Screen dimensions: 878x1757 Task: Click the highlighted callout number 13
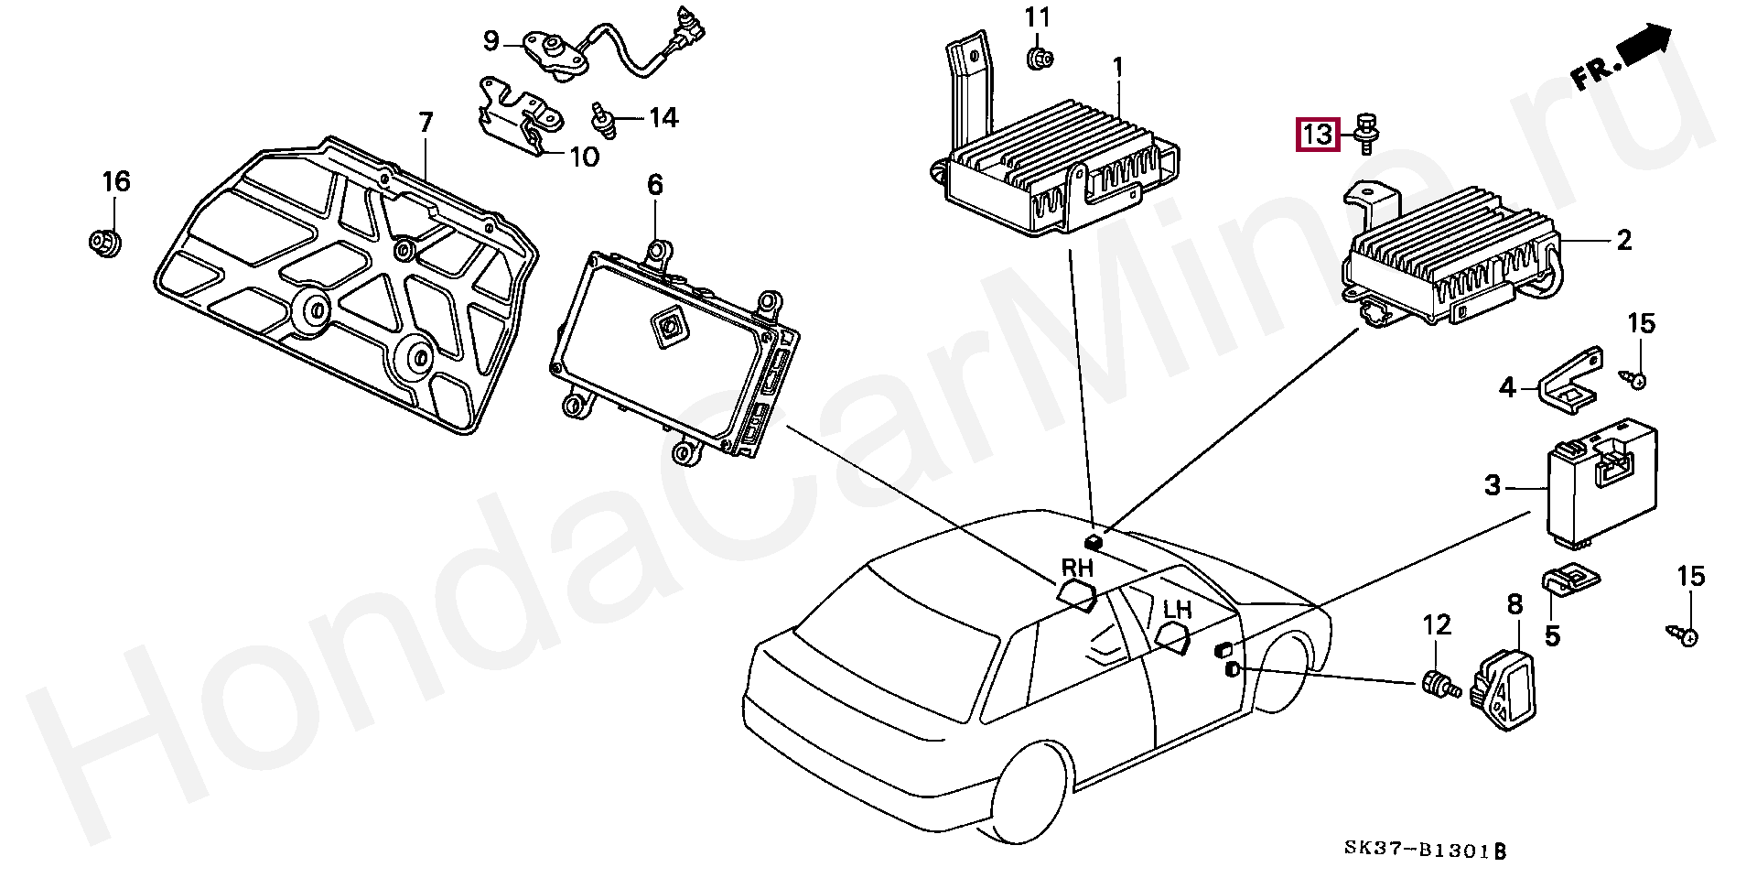click(1317, 135)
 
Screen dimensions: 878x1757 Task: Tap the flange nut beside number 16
click(106, 243)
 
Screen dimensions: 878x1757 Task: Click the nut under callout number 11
click(1038, 60)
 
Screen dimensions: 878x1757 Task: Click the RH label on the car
click(1077, 569)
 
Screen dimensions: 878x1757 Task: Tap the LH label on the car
click(1178, 609)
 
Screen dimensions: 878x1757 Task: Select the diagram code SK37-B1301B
click(1425, 851)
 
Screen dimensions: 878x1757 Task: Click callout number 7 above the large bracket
click(426, 122)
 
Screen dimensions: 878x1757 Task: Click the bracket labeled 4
click(1572, 374)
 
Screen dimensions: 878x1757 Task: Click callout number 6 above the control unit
click(655, 186)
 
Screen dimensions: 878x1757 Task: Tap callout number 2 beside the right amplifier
click(1623, 241)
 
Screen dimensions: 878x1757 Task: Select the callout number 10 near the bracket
click(584, 157)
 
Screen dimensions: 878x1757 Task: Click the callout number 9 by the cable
click(491, 41)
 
